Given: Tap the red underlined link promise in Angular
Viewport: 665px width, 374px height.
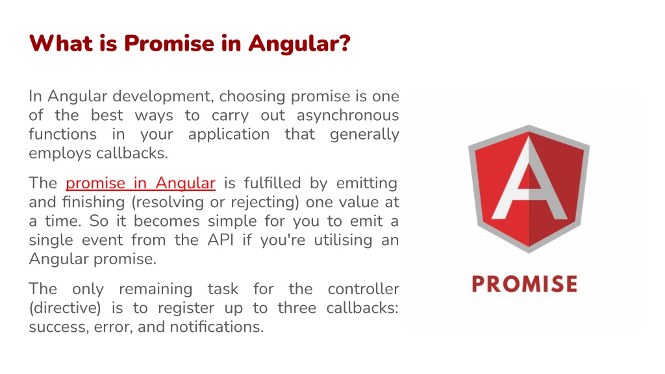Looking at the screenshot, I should click(140, 183).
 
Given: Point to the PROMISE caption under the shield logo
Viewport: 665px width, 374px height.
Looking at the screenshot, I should click(524, 284).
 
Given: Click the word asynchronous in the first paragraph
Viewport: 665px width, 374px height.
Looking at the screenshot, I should click(347, 116).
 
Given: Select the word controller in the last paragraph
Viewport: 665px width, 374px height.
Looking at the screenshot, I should click(363, 288).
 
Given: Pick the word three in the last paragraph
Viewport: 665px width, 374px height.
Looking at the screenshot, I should click(296, 308).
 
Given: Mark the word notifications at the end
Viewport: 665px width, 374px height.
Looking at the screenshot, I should click(216, 327).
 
